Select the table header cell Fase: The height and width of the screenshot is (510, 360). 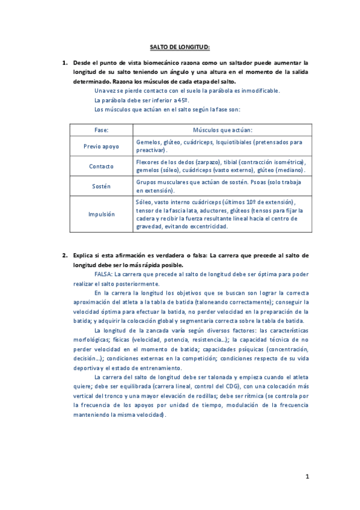pos(101,130)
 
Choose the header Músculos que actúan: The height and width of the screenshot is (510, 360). pos(222,130)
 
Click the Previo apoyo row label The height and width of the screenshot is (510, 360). pos(101,146)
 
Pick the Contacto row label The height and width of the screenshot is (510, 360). pos(101,166)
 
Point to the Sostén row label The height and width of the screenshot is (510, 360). pos(101,186)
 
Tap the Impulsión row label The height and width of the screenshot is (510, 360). pos(101,214)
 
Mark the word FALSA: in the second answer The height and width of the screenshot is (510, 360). pos(106,274)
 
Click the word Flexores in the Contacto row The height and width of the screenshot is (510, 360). pos(147,162)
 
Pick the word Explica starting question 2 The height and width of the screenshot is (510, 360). pos(84,256)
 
